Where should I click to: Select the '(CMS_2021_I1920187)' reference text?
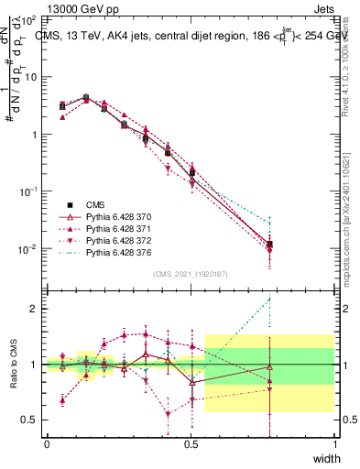click(191, 273)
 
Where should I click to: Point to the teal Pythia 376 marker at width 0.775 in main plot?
click(269, 222)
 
